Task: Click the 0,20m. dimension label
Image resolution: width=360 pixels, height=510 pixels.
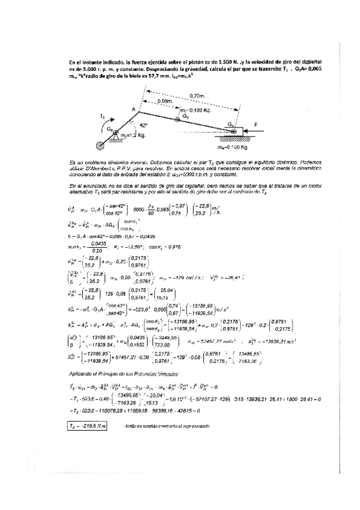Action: pos(195,96)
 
